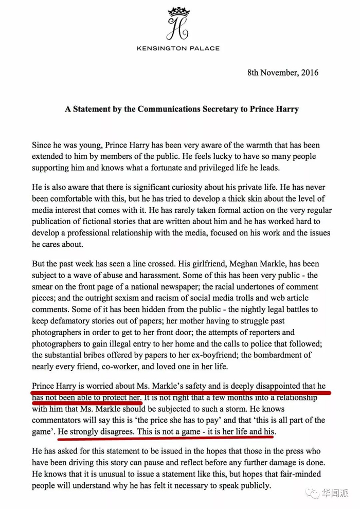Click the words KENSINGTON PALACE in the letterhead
(178, 48)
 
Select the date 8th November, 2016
(282, 72)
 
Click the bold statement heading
(182, 109)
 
